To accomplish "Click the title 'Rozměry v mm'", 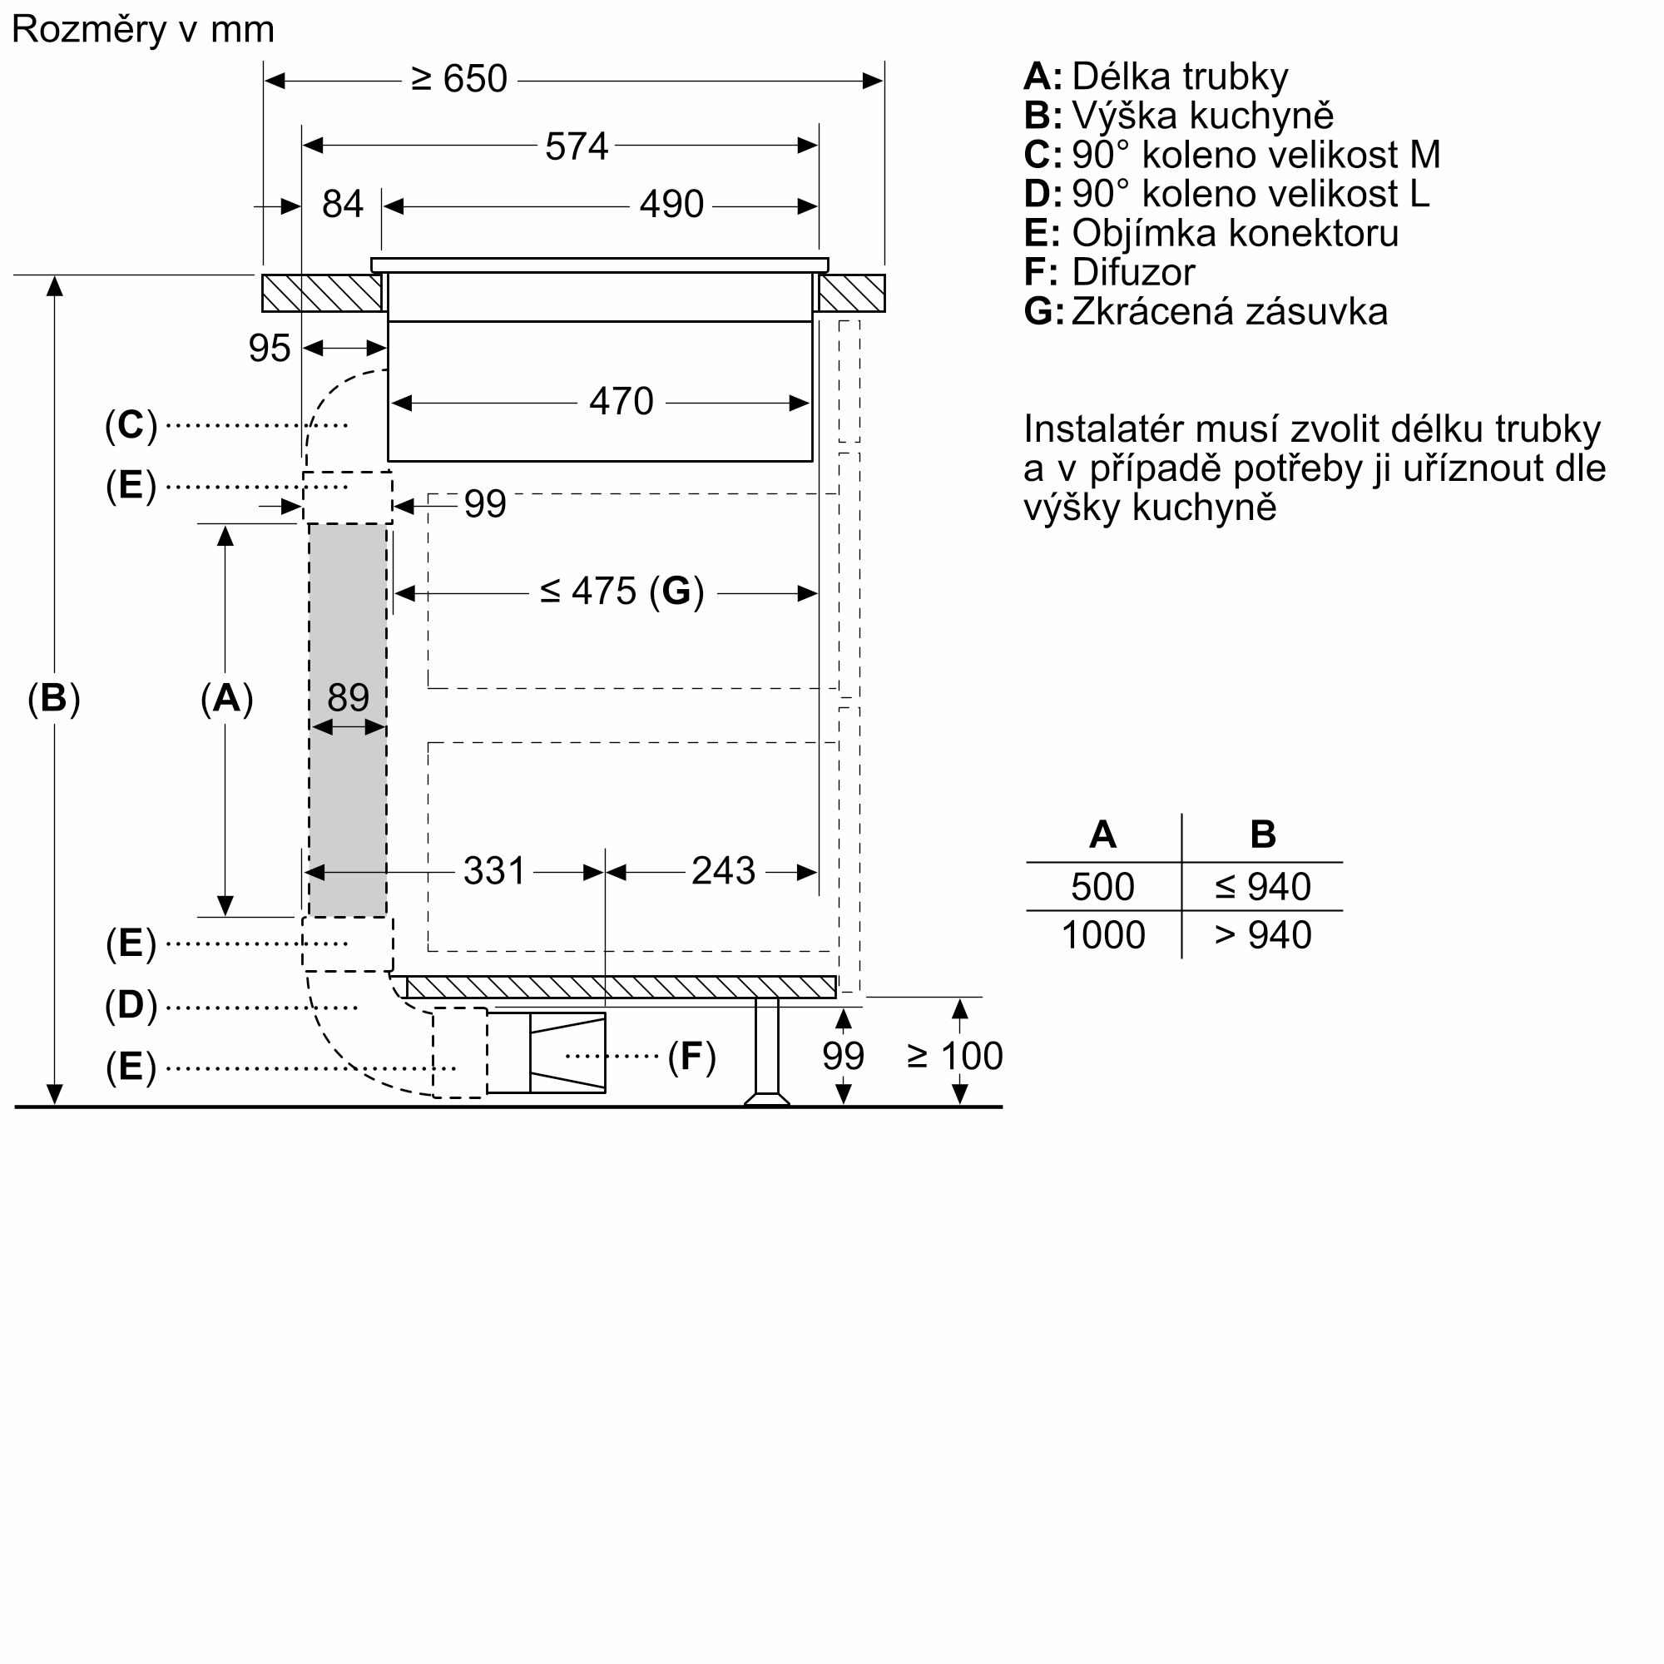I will coord(142,30).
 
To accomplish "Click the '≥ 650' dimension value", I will coord(459,79).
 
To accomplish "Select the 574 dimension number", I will coord(577,146).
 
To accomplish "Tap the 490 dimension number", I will coord(671,205).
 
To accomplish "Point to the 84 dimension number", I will coord(342,205).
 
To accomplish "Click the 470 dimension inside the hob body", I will coord(621,401).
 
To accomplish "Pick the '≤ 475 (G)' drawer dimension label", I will coord(622,592).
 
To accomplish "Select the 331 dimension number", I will coord(493,871).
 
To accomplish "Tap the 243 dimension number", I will coord(723,871).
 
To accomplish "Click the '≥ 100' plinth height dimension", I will coord(954,1056).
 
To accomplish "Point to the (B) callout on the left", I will coord(53,698).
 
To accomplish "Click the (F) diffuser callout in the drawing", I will coord(691,1057).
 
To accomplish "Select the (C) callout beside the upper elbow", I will coord(131,424).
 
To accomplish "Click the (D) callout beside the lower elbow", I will coord(131,1005).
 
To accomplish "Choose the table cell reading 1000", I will coord(1102,935).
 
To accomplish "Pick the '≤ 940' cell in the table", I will coord(1263,887).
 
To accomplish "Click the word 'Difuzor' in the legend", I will coord(1132,272).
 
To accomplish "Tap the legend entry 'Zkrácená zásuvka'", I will coord(1229,312).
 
